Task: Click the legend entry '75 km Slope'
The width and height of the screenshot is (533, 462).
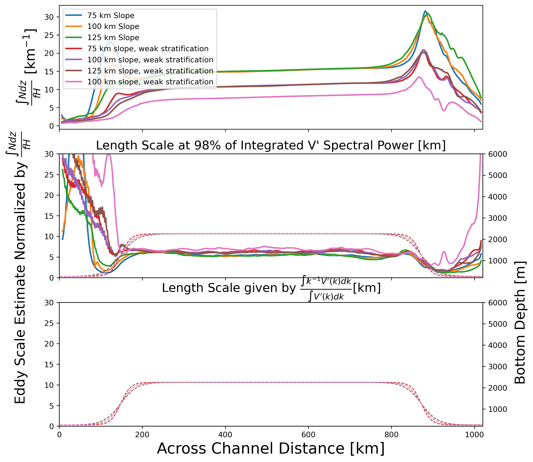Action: tap(111, 15)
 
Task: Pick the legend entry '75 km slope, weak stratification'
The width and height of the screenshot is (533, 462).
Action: tap(148, 49)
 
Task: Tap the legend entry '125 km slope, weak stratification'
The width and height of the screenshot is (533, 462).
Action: tap(150, 71)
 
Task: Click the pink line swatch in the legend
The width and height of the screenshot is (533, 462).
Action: tap(74, 82)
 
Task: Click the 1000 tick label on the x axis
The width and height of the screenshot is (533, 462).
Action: tap(475, 435)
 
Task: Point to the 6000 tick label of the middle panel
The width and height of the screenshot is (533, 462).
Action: tap(497, 154)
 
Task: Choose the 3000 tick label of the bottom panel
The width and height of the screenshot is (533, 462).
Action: tap(497, 367)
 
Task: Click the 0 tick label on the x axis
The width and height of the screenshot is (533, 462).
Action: tap(60, 435)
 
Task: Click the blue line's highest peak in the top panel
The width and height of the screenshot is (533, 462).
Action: tap(425, 11)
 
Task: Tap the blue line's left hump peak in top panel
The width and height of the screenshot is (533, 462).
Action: tap(110, 42)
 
